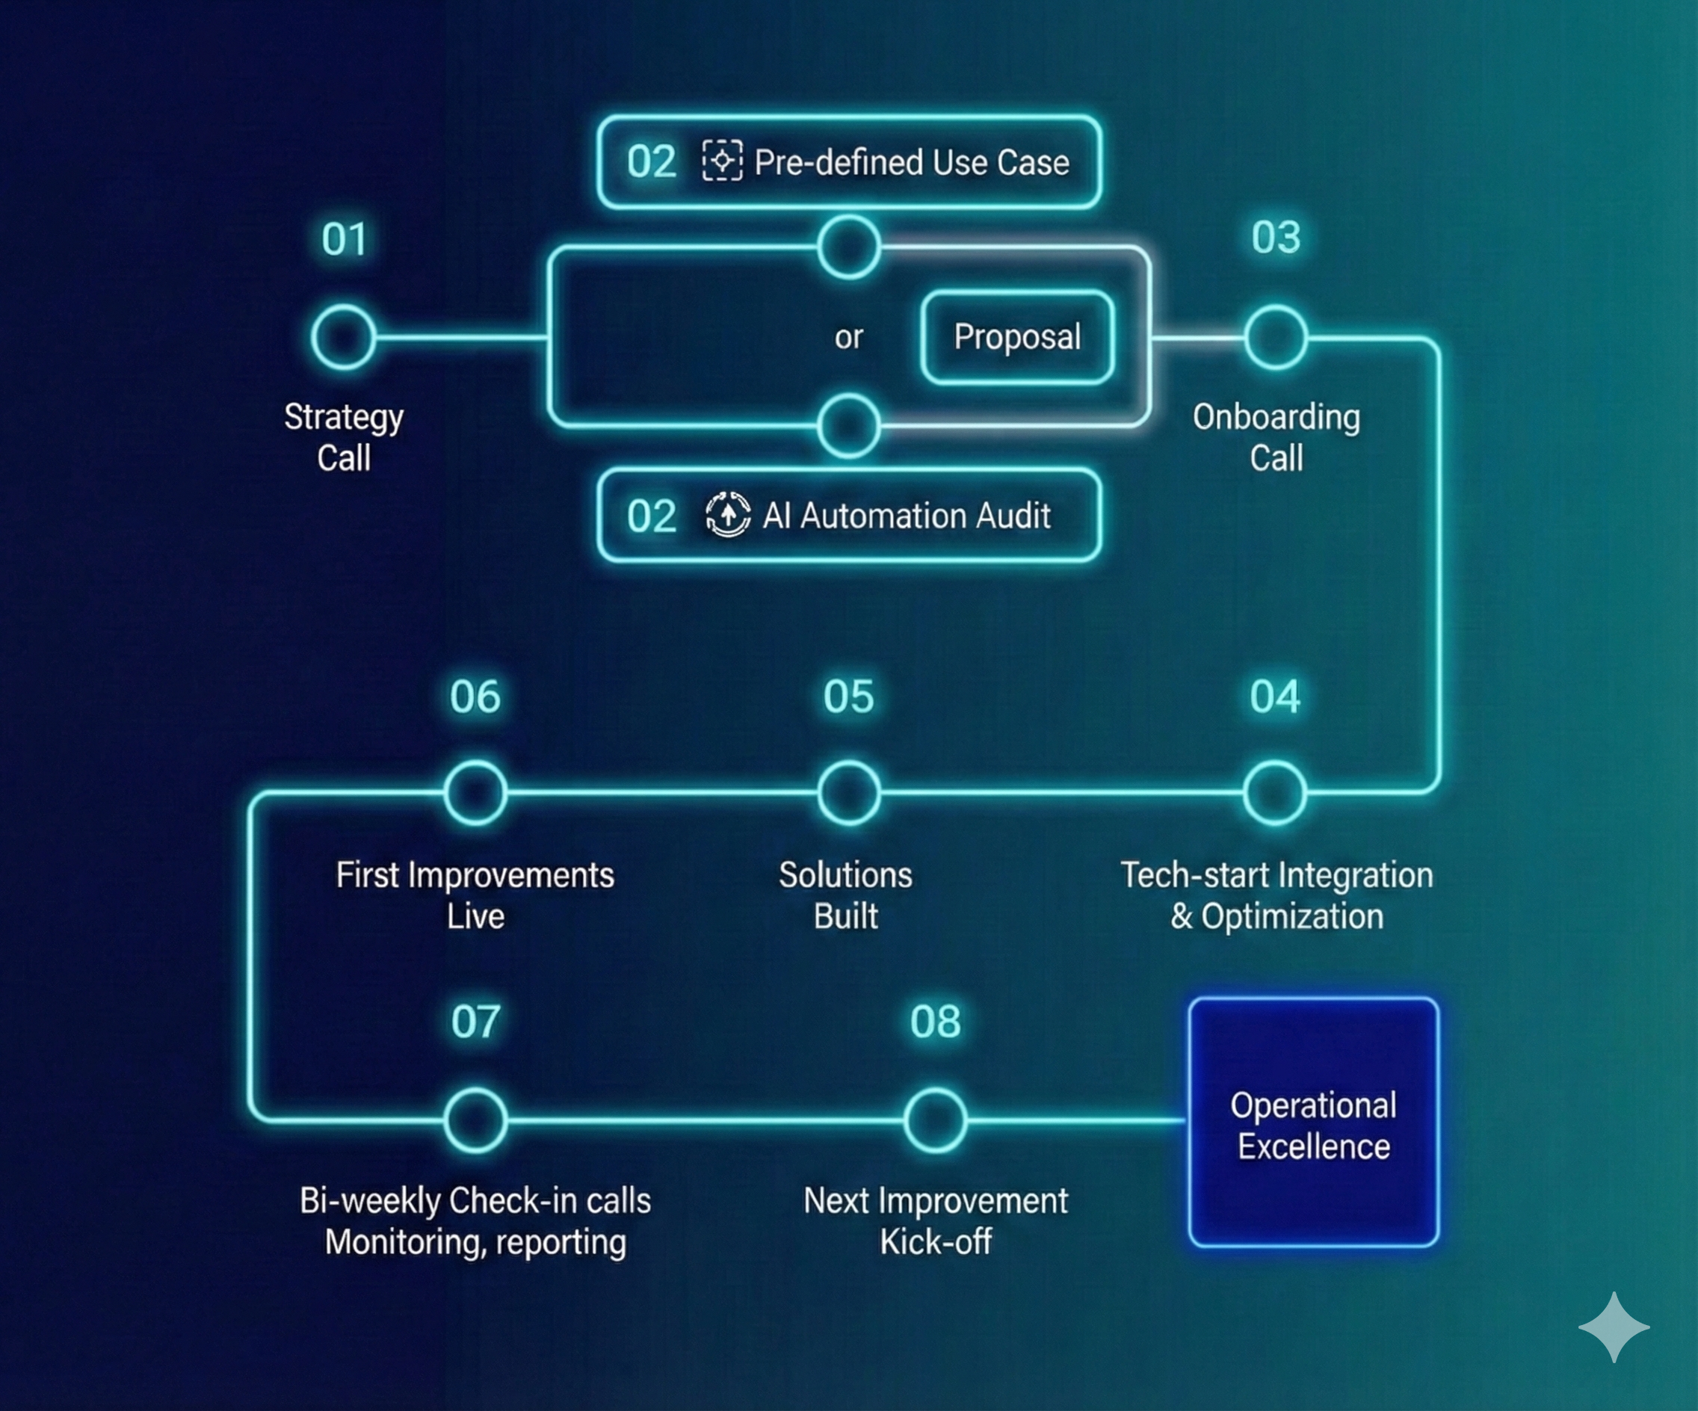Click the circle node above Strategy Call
[x=344, y=337]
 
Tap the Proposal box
[x=1017, y=336]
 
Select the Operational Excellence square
[x=1313, y=1123]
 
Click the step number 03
[x=1276, y=238]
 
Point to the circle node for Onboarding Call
[x=1276, y=337]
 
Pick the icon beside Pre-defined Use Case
[x=722, y=161]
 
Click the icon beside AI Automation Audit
[x=728, y=514]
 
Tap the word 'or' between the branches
[x=848, y=336]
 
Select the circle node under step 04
[x=1274, y=792]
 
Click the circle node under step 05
[x=848, y=792]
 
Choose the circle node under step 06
[x=475, y=792]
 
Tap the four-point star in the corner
[x=1613, y=1327]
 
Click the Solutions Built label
[x=846, y=895]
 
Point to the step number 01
[x=345, y=239]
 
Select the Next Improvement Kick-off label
[x=936, y=1221]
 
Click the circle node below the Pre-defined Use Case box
[x=848, y=247]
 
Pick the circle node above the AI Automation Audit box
[x=848, y=425]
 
